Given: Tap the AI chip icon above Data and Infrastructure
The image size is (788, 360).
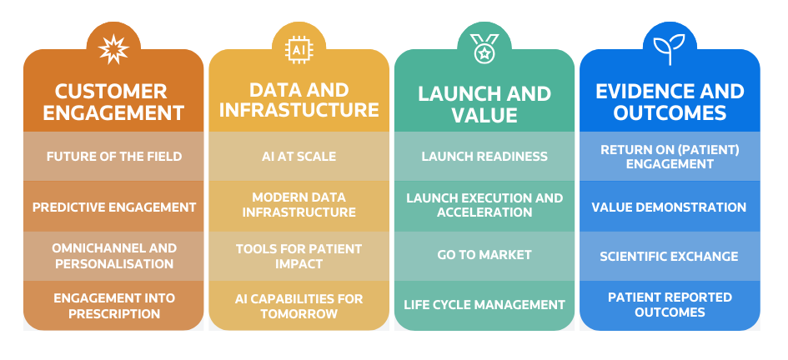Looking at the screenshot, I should [x=298, y=49].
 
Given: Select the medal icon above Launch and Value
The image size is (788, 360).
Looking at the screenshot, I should [x=484, y=49].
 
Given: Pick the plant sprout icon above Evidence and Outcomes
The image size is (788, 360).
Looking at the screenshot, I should [x=669, y=49].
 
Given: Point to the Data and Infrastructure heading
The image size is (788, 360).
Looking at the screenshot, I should [x=298, y=100].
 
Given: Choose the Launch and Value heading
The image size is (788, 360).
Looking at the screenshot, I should [x=484, y=103].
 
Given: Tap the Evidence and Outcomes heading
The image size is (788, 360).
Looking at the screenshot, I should [x=669, y=102].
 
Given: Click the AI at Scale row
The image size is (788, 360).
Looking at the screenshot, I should [x=298, y=157].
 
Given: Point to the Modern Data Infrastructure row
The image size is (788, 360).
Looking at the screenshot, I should [x=298, y=205].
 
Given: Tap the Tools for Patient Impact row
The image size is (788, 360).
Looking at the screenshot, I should [x=298, y=256].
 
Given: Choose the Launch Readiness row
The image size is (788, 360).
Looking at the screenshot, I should [x=484, y=157].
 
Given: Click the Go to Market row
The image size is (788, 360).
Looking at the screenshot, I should [x=484, y=255].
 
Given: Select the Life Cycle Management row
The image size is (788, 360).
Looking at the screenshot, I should [x=484, y=305].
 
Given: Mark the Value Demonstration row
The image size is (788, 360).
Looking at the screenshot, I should [x=669, y=207].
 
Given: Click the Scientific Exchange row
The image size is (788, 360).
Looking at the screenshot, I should [x=669, y=256].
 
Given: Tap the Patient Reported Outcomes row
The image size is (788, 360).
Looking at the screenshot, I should [x=669, y=305].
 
